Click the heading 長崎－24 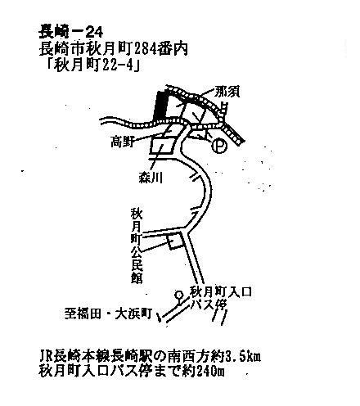pyautogui.click(x=71, y=31)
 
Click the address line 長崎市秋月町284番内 pyautogui.click(x=114, y=49)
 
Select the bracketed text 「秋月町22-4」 pyautogui.click(x=92, y=65)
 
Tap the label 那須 pyautogui.click(x=227, y=92)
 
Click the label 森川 pyautogui.click(x=151, y=178)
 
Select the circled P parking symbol pyautogui.click(x=219, y=146)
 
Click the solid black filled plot pyautogui.click(x=160, y=106)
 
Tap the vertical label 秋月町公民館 pyautogui.click(x=137, y=246)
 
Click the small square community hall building pyautogui.click(x=175, y=241)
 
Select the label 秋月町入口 pyautogui.click(x=221, y=292)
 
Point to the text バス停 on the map pyautogui.click(x=209, y=304)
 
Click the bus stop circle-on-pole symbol pyautogui.click(x=179, y=297)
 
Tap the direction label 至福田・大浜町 pyautogui.click(x=108, y=314)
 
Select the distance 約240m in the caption pyautogui.click(x=205, y=372)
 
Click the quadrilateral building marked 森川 pyautogui.click(x=164, y=146)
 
